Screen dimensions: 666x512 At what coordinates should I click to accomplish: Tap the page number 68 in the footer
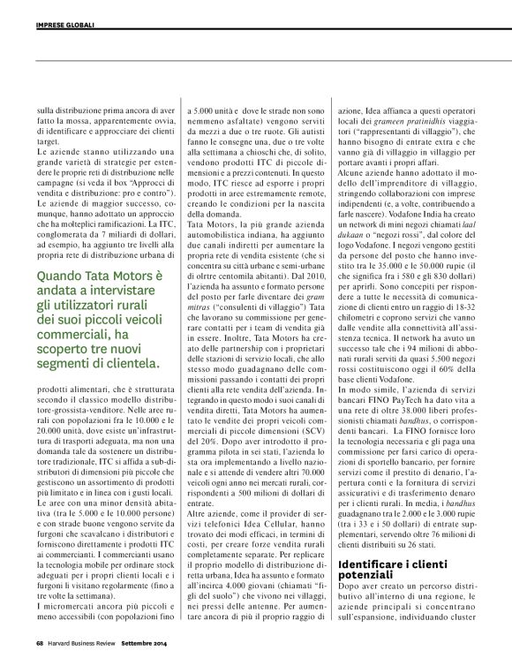[x=40, y=655]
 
